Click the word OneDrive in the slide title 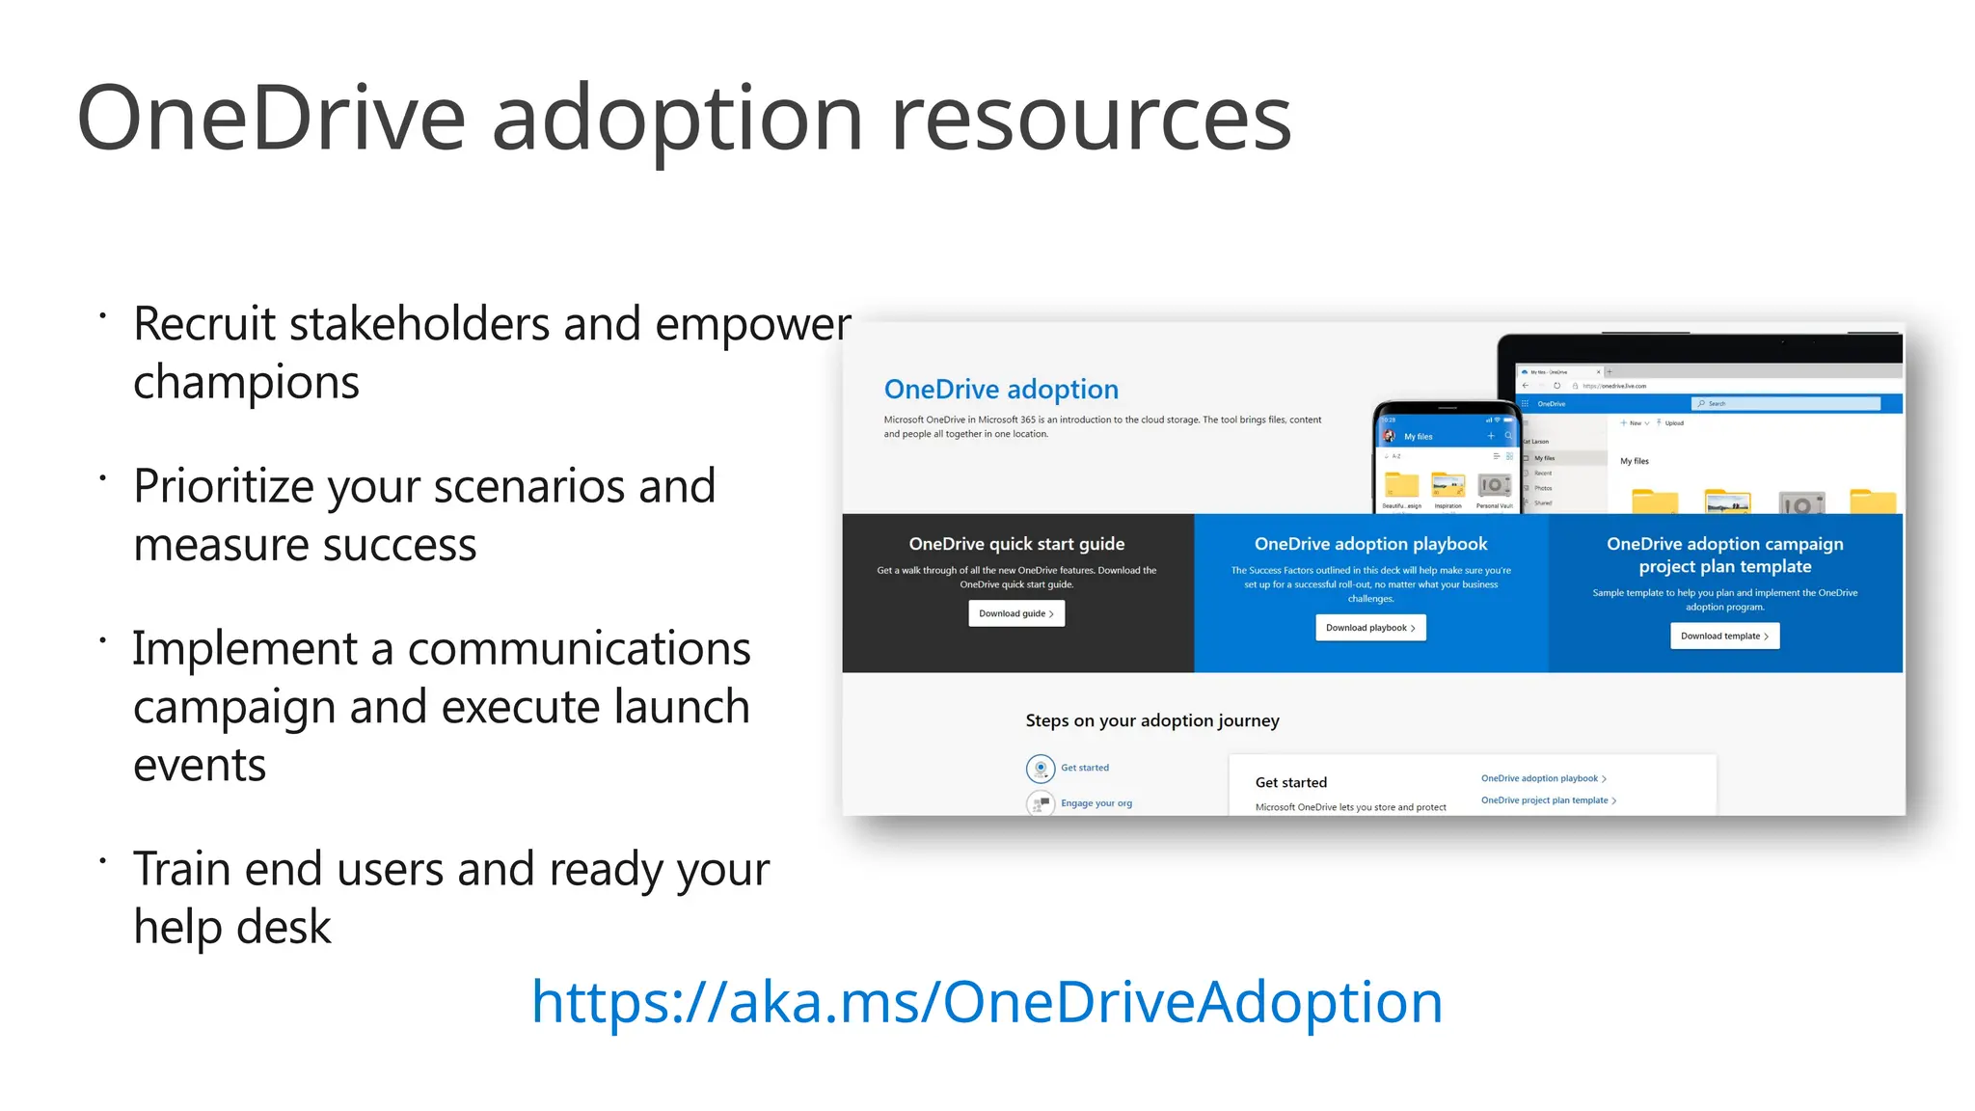pos(271,119)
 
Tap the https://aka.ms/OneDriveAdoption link pos(987,1002)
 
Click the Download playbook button pos(1370,628)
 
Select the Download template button pos(1724,637)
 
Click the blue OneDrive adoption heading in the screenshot pos(1001,390)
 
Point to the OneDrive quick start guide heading pos(1016,544)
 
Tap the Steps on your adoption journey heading pos(1152,720)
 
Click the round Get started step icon pos(1041,769)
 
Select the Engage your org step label pos(1096,803)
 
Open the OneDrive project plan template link pos(1545,800)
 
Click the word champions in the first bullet pos(246,383)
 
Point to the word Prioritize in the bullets pos(223,487)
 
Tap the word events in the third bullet pos(200,766)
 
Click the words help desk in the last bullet pos(232,928)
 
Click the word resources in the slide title pos(1091,119)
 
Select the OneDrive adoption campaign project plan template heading pos(1724,555)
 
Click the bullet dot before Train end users pos(102,858)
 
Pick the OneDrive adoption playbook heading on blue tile pos(1370,544)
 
